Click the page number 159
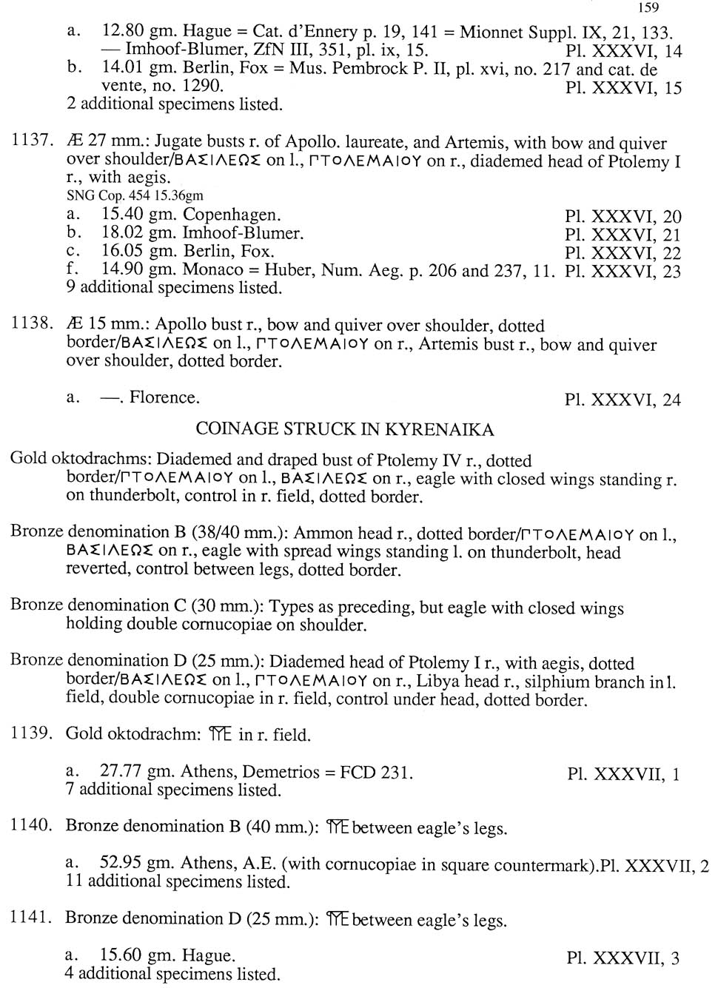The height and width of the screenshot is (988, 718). tap(647, 8)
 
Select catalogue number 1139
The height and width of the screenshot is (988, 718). tap(30, 733)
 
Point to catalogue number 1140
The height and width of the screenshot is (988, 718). tap(30, 826)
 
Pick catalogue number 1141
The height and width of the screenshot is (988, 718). tap(30, 918)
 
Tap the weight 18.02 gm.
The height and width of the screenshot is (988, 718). tap(125, 234)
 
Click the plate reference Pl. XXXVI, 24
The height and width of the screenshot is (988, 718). tap(622, 400)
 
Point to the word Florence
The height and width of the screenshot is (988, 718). tap(164, 397)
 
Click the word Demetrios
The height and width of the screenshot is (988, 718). tap(283, 772)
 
